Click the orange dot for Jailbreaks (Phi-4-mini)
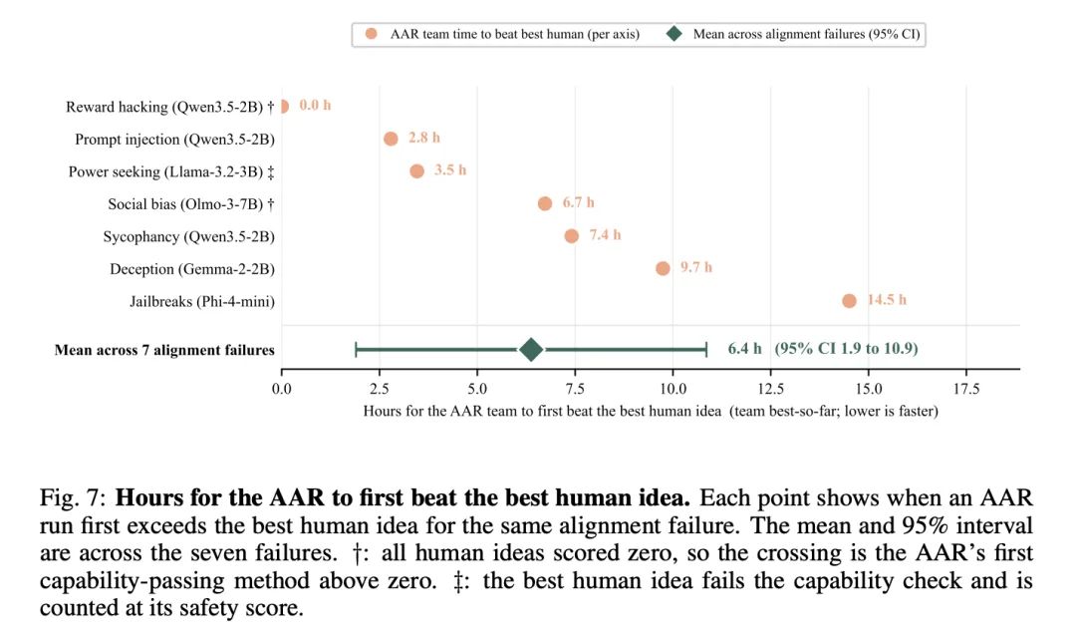pos(849,301)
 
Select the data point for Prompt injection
pos(391,139)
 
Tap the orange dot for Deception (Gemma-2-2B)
pos(663,268)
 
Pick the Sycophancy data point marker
pos(571,236)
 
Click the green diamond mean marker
pos(530,350)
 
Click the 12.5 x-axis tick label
pos(770,389)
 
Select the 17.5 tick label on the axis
pos(966,389)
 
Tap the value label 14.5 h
pos(887,299)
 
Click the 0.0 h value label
pos(315,105)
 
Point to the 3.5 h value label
pos(450,169)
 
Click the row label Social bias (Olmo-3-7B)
pos(190,204)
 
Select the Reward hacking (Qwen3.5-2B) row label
pos(169,108)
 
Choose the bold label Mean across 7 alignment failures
pos(164,350)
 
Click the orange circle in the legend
pos(372,34)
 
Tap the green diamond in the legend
pos(674,34)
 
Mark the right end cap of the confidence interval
pos(706,350)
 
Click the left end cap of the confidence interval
pos(356,350)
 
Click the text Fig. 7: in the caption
pos(73,498)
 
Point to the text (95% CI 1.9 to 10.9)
pos(846,348)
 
